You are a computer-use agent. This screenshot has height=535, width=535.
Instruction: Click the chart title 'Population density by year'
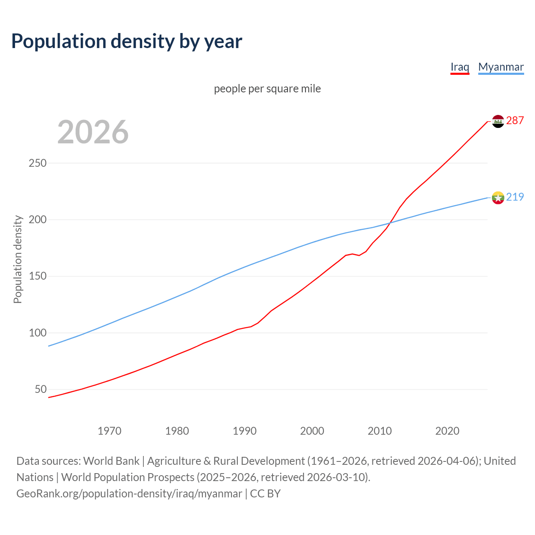(x=127, y=41)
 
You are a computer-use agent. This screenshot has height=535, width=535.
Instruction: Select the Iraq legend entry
(x=460, y=67)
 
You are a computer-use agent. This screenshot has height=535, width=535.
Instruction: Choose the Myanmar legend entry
(x=501, y=67)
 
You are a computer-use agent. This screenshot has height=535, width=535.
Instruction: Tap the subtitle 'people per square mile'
(x=267, y=89)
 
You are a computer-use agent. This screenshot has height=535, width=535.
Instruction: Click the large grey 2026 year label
(x=93, y=132)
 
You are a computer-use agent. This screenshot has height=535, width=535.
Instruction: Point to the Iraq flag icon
(x=498, y=121)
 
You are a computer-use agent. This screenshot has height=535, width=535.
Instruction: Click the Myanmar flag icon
(x=498, y=197)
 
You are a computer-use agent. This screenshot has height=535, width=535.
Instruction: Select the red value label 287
(x=515, y=121)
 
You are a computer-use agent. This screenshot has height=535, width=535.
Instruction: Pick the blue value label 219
(x=515, y=197)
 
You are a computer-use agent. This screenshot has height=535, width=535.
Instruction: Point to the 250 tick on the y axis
(x=38, y=163)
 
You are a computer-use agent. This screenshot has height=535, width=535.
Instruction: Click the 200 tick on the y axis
(x=38, y=219)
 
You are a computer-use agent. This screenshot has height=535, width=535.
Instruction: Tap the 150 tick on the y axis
(x=38, y=276)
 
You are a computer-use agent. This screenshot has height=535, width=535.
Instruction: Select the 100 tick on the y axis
(x=38, y=333)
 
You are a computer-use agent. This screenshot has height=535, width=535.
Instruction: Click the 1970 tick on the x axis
(x=110, y=431)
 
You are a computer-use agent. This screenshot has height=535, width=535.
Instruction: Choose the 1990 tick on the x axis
(x=245, y=431)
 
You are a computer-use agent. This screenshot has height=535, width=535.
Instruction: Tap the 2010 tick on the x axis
(x=380, y=431)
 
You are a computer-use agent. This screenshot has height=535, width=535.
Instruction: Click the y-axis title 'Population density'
(x=18, y=259)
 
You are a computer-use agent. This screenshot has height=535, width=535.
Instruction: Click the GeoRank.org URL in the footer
(x=129, y=494)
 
